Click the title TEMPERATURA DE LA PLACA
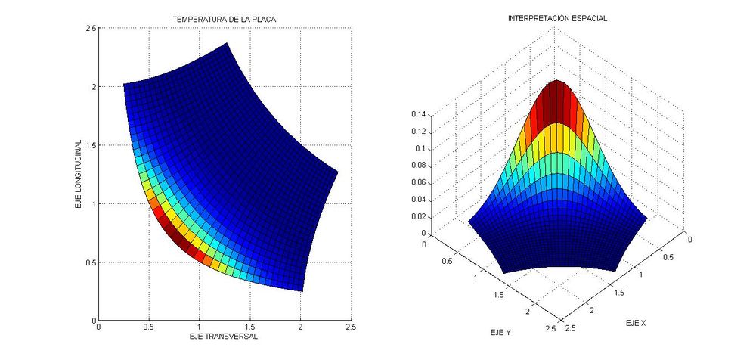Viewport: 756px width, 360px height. point(225,18)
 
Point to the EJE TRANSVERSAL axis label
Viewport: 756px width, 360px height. point(225,337)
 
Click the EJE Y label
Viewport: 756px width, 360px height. point(499,332)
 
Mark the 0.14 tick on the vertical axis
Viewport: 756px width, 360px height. point(418,114)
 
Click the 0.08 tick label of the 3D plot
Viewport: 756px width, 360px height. point(418,166)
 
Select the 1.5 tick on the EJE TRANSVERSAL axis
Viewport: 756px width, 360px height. point(250,327)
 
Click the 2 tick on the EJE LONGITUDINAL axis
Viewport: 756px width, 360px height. point(92,87)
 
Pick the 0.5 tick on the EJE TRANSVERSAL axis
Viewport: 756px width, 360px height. point(149,327)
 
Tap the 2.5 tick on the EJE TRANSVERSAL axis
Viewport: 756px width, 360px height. point(351,327)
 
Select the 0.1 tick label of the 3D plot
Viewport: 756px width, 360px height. point(420,149)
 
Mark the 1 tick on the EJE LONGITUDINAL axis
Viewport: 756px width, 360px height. point(92,204)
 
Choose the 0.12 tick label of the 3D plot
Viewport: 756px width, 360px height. point(418,132)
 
